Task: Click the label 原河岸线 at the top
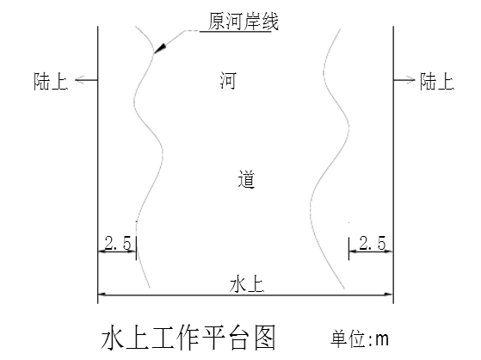(x=244, y=21)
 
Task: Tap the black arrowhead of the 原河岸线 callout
(x=160, y=48)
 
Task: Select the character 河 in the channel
(x=228, y=80)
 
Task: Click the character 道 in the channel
(x=246, y=179)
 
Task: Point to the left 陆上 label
(x=51, y=82)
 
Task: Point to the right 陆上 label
(x=437, y=82)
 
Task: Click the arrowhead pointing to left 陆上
(x=80, y=80)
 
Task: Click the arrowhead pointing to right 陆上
(x=410, y=80)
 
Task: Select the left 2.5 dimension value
(x=118, y=243)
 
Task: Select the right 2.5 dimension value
(x=373, y=243)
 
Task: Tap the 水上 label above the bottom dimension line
(x=247, y=284)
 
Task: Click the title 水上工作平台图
(x=188, y=338)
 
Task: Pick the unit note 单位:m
(x=360, y=338)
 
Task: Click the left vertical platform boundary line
(x=98, y=165)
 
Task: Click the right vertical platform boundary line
(x=393, y=165)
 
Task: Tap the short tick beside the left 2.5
(x=136, y=248)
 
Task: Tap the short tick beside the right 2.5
(x=348, y=249)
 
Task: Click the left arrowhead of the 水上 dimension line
(x=102, y=295)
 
